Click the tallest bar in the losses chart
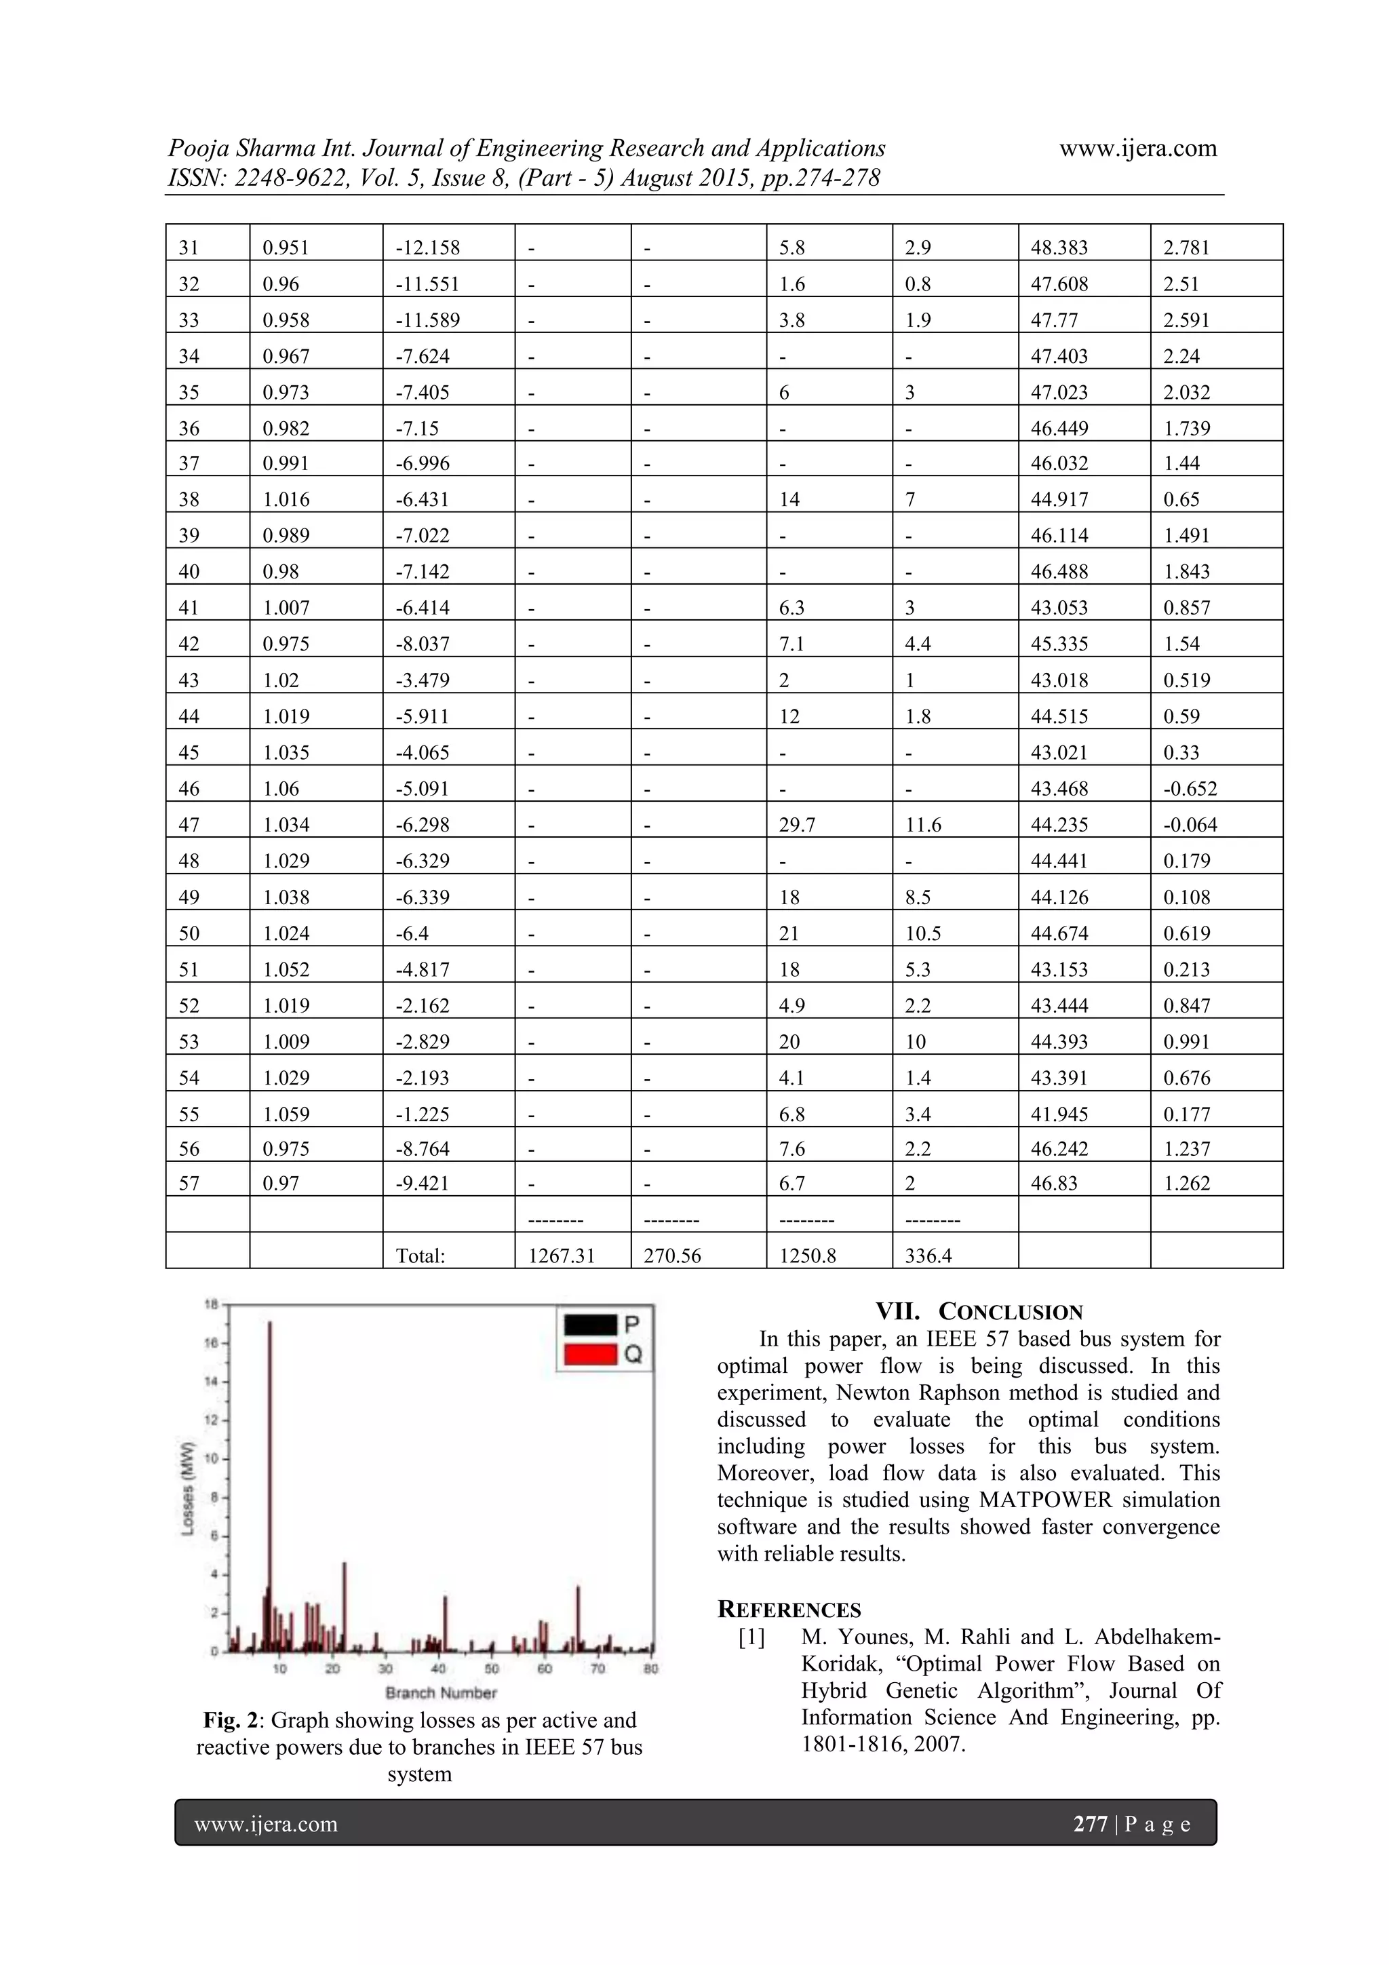(x=269, y=1485)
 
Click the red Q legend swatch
(x=589, y=1354)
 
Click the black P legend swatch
(x=589, y=1325)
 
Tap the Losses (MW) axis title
(x=189, y=1489)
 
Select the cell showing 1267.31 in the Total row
(x=561, y=1256)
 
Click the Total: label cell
(x=420, y=1256)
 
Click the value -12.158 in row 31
(x=427, y=248)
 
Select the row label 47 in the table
(x=189, y=825)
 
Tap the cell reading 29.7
(x=797, y=825)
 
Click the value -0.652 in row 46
(x=1190, y=789)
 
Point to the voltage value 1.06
(x=281, y=789)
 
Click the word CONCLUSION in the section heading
(x=1010, y=1312)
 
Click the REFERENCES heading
(x=789, y=1610)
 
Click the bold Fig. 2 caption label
(x=233, y=1719)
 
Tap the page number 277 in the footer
(x=1089, y=1824)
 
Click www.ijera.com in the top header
(x=1137, y=149)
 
